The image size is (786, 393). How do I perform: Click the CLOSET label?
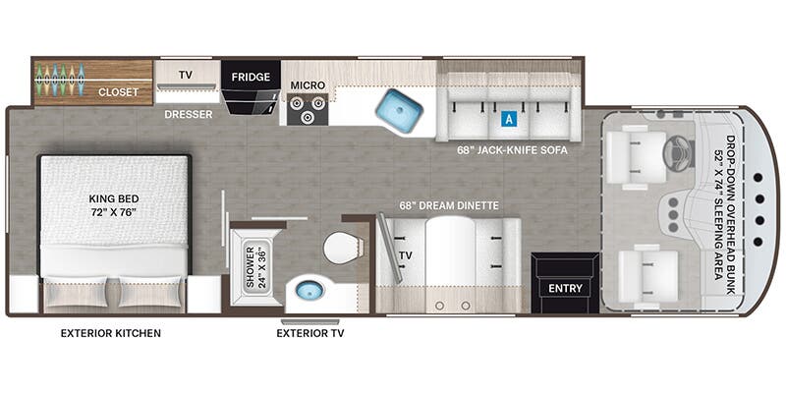coord(118,91)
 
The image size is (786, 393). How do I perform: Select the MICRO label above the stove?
coord(308,85)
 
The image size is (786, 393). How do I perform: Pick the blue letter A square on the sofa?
coord(508,119)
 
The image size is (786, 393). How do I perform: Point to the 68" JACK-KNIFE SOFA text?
coord(513,150)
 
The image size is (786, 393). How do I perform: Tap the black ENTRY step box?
coord(565,284)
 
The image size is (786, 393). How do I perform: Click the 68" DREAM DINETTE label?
coord(449,205)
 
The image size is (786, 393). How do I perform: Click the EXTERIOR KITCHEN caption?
coord(111,333)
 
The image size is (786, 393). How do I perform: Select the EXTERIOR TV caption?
coord(309,333)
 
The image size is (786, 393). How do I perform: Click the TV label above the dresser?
coord(185,74)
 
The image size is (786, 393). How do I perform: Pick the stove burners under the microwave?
coord(307,109)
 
